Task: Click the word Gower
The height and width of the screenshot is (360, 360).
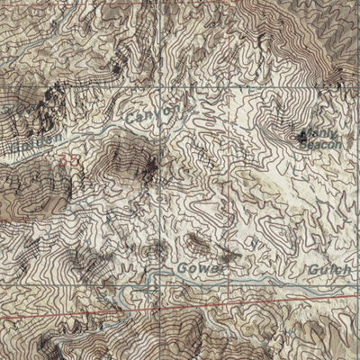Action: click(197, 268)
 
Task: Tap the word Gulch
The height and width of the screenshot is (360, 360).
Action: click(329, 268)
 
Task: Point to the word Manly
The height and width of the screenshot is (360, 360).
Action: click(326, 134)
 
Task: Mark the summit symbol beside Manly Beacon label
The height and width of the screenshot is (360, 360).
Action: click(301, 138)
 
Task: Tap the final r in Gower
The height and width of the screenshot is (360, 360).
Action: click(214, 268)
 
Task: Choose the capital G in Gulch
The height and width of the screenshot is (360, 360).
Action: click(310, 268)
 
